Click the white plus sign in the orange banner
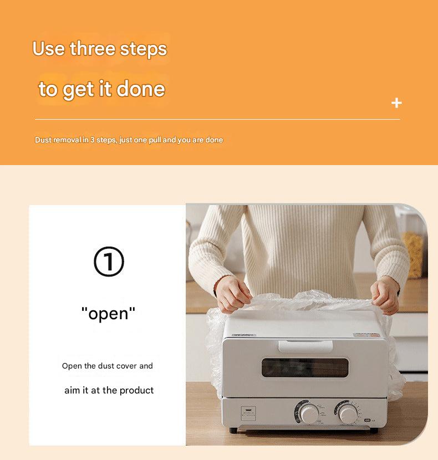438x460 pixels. pyautogui.click(x=396, y=103)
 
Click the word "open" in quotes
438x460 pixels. pyautogui.click(x=108, y=314)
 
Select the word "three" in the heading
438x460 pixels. pyautogui.click(x=93, y=49)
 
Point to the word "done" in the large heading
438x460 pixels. pyautogui.click(x=141, y=89)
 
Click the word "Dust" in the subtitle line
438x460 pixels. pyautogui.click(x=43, y=140)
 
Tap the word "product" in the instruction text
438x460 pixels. pyautogui.click(x=136, y=391)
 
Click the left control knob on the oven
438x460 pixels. pyautogui.click(x=308, y=413)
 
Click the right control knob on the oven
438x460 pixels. pyautogui.click(x=348, y=413)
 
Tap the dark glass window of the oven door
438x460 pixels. pyautogui.click(x=305, y=367)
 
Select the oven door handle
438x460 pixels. pyautogui.click(x=305, y=346)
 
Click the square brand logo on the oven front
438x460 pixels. pyautogui.click(x=248, y=413)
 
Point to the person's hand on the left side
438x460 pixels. pyautogui.click(x=232, y=294)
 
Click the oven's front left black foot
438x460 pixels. pyautogui.click(x=233, y=431)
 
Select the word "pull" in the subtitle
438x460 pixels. pyautogui.click(x=155, y=140)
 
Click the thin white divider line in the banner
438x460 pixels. pyautogui.click(x=217, y=119)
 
